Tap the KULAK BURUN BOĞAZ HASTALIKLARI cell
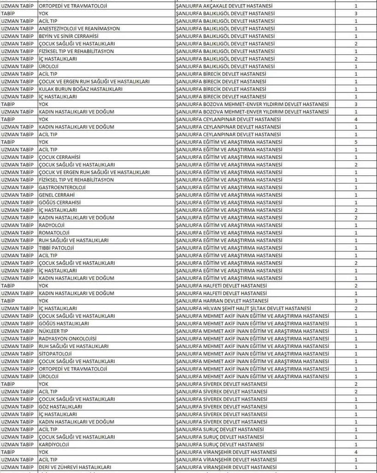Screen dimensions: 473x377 point(74,89)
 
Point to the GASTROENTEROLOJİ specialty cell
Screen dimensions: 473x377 point(62,187)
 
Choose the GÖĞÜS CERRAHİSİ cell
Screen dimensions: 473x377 point(59,202)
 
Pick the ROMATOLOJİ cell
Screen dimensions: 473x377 point(54,233)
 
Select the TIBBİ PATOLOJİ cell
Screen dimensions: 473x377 point(57,248)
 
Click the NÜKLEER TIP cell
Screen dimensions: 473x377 point(53,331)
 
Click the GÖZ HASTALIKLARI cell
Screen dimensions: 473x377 point(60,406)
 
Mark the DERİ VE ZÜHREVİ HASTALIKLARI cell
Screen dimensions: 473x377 point(75,467)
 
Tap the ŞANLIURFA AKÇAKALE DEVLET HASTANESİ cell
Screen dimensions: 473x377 point(224,6)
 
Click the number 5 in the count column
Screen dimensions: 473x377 point(356,142)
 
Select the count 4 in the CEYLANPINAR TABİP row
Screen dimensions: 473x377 point(356,119)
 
